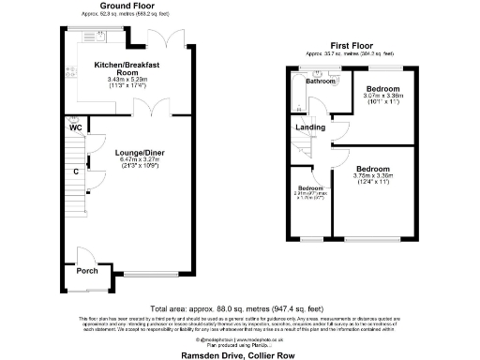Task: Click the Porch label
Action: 87,271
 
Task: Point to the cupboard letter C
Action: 75,171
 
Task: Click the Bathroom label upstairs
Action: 321,82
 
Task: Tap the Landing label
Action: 310,128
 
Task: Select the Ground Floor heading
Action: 105,8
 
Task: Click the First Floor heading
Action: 352,45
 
